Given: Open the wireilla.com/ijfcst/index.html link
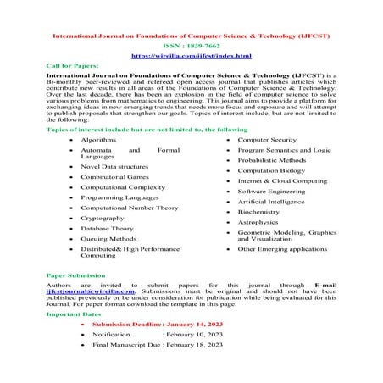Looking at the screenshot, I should click(191, 56).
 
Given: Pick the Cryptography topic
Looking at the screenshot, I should click(103, 218).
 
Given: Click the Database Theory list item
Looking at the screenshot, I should click(108, 229).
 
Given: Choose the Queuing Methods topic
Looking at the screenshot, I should click(108, 240).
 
